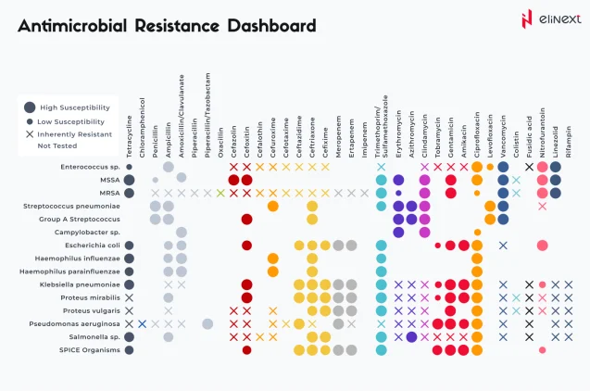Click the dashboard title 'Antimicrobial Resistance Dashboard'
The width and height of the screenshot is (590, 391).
point(167,25)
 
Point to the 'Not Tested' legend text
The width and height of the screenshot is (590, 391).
point(56,145)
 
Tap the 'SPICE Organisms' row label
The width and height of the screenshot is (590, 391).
point(91,350)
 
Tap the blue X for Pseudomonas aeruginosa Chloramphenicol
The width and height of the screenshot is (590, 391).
point(142,324)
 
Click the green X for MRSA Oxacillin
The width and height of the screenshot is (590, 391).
point(220,193)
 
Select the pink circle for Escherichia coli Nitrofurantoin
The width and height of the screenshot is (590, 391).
point(542,246)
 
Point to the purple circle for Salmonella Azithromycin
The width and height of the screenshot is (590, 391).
point(411,337)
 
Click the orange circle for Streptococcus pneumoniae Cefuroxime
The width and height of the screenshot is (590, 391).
point(273,206)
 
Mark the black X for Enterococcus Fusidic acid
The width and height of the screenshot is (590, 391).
point(529,167)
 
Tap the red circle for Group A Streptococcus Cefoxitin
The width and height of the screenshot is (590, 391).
point(247,220)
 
